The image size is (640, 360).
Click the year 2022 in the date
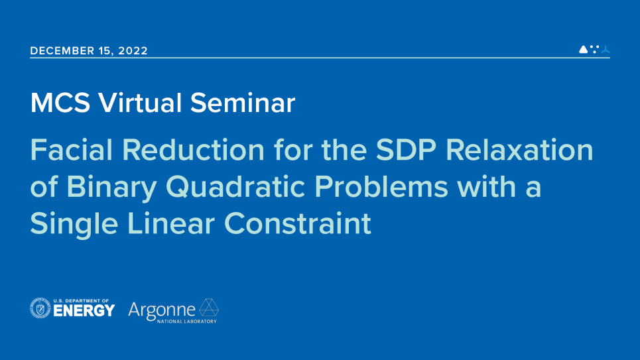click(133, 50)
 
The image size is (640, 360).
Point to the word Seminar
click(242, 103)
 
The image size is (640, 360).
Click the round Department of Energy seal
click(40, 308)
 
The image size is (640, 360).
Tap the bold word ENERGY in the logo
click(84, 311)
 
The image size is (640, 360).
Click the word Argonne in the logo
click(162, 309)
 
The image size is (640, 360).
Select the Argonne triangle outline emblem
click(210, 308)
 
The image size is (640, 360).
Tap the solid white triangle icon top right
click(583, 49)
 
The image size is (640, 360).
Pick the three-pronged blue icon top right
click(605, 50)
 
